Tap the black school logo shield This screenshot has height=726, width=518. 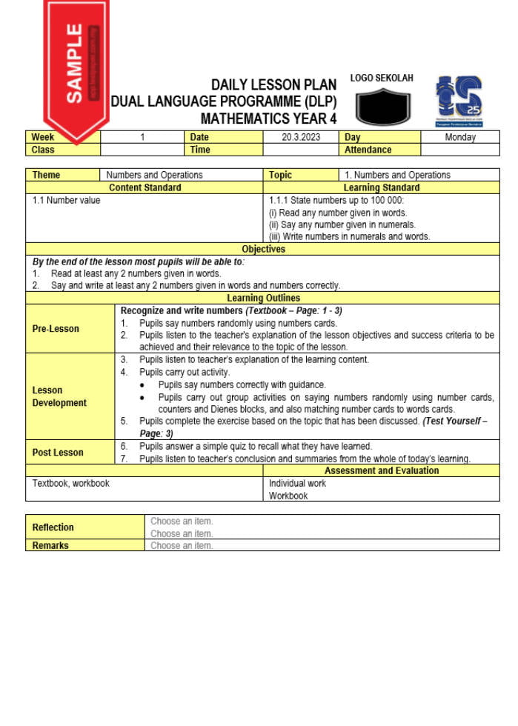(382, 107)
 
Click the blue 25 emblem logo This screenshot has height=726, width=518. (459, 101)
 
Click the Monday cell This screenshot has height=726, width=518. (460, 137)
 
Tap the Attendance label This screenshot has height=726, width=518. (368, 150)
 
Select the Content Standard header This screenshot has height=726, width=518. (145, 187)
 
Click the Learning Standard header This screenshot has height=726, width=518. (382, 187)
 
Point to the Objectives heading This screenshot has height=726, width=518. (263, 249)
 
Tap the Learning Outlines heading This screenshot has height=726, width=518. (263, 298)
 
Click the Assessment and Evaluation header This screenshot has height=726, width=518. (382, 470)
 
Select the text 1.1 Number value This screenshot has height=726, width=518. (66, 200)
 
